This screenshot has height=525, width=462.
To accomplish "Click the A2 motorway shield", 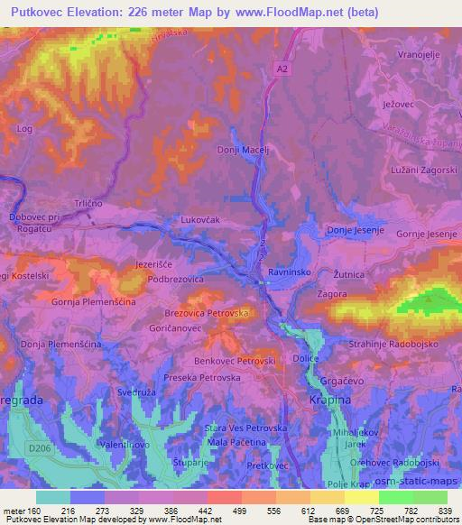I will coord(281,67).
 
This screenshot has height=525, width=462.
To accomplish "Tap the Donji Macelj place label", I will coord(245,150).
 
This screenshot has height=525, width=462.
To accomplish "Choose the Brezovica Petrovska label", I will coord(207,314).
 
